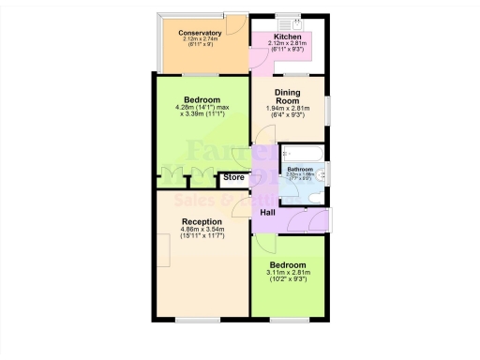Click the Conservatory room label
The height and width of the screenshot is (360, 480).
(200, 32)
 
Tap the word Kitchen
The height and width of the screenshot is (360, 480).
(288, 35)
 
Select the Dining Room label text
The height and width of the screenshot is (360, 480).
(288, 97)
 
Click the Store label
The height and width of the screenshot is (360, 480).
(233, 176)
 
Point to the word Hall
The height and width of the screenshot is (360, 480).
(267, 213)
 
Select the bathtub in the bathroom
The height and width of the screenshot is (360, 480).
(302, 153)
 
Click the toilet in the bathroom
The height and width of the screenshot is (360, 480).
(320, 173)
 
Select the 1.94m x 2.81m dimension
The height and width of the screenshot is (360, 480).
(288, 108)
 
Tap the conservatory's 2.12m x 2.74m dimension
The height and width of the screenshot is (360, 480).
(200, 39)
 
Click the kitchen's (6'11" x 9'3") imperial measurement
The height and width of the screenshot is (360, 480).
(288, 49)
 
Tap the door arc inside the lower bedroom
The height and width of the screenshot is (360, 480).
(264, 247)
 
